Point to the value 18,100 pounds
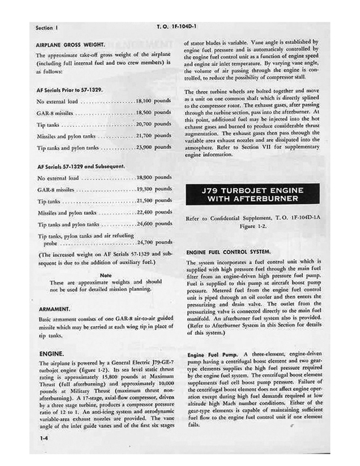pos(153,101)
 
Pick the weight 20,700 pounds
pos(153,124)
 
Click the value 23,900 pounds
pos(153,148)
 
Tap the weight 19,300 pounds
pos(153,189)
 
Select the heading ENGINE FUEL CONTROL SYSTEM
pos(236,251)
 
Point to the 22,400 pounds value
pos(153,212)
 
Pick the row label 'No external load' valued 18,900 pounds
pos(58,178)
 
